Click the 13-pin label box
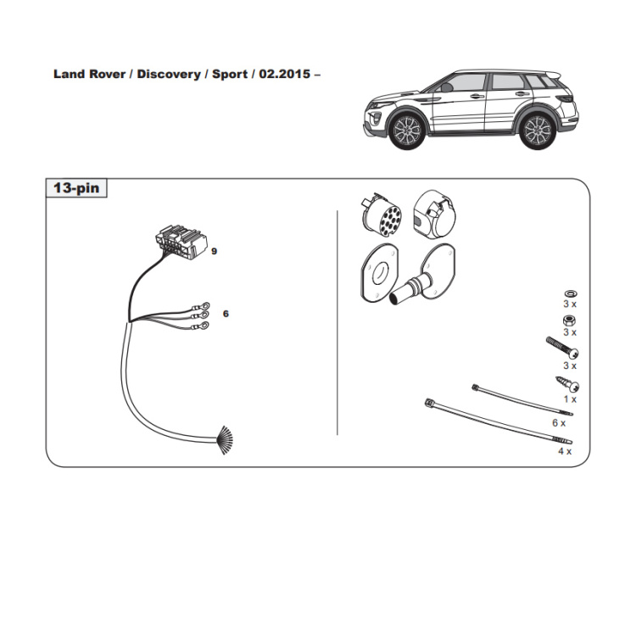(x=76, y=187)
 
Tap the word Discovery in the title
(x=169, y=75)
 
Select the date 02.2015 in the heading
(x=285, y=74)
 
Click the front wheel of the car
(x=407, y=131)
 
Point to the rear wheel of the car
(x=538, y=131)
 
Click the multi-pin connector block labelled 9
(x=181, y=242)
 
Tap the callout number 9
(x=215, y=252)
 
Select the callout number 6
(x=226, y=314)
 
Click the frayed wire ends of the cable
(x=225, y=439)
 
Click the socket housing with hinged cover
(x=434, y=215)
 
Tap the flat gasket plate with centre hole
(x=379, y=273)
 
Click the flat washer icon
(x=571, y=293)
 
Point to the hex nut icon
(x=570, y=321)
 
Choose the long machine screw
(x=562, y=348)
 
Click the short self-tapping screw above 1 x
(x=567, y=383)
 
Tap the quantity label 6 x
(x=559, y=423)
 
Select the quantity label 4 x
(x=565, y=451)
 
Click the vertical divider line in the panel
(x=337, y=323)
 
